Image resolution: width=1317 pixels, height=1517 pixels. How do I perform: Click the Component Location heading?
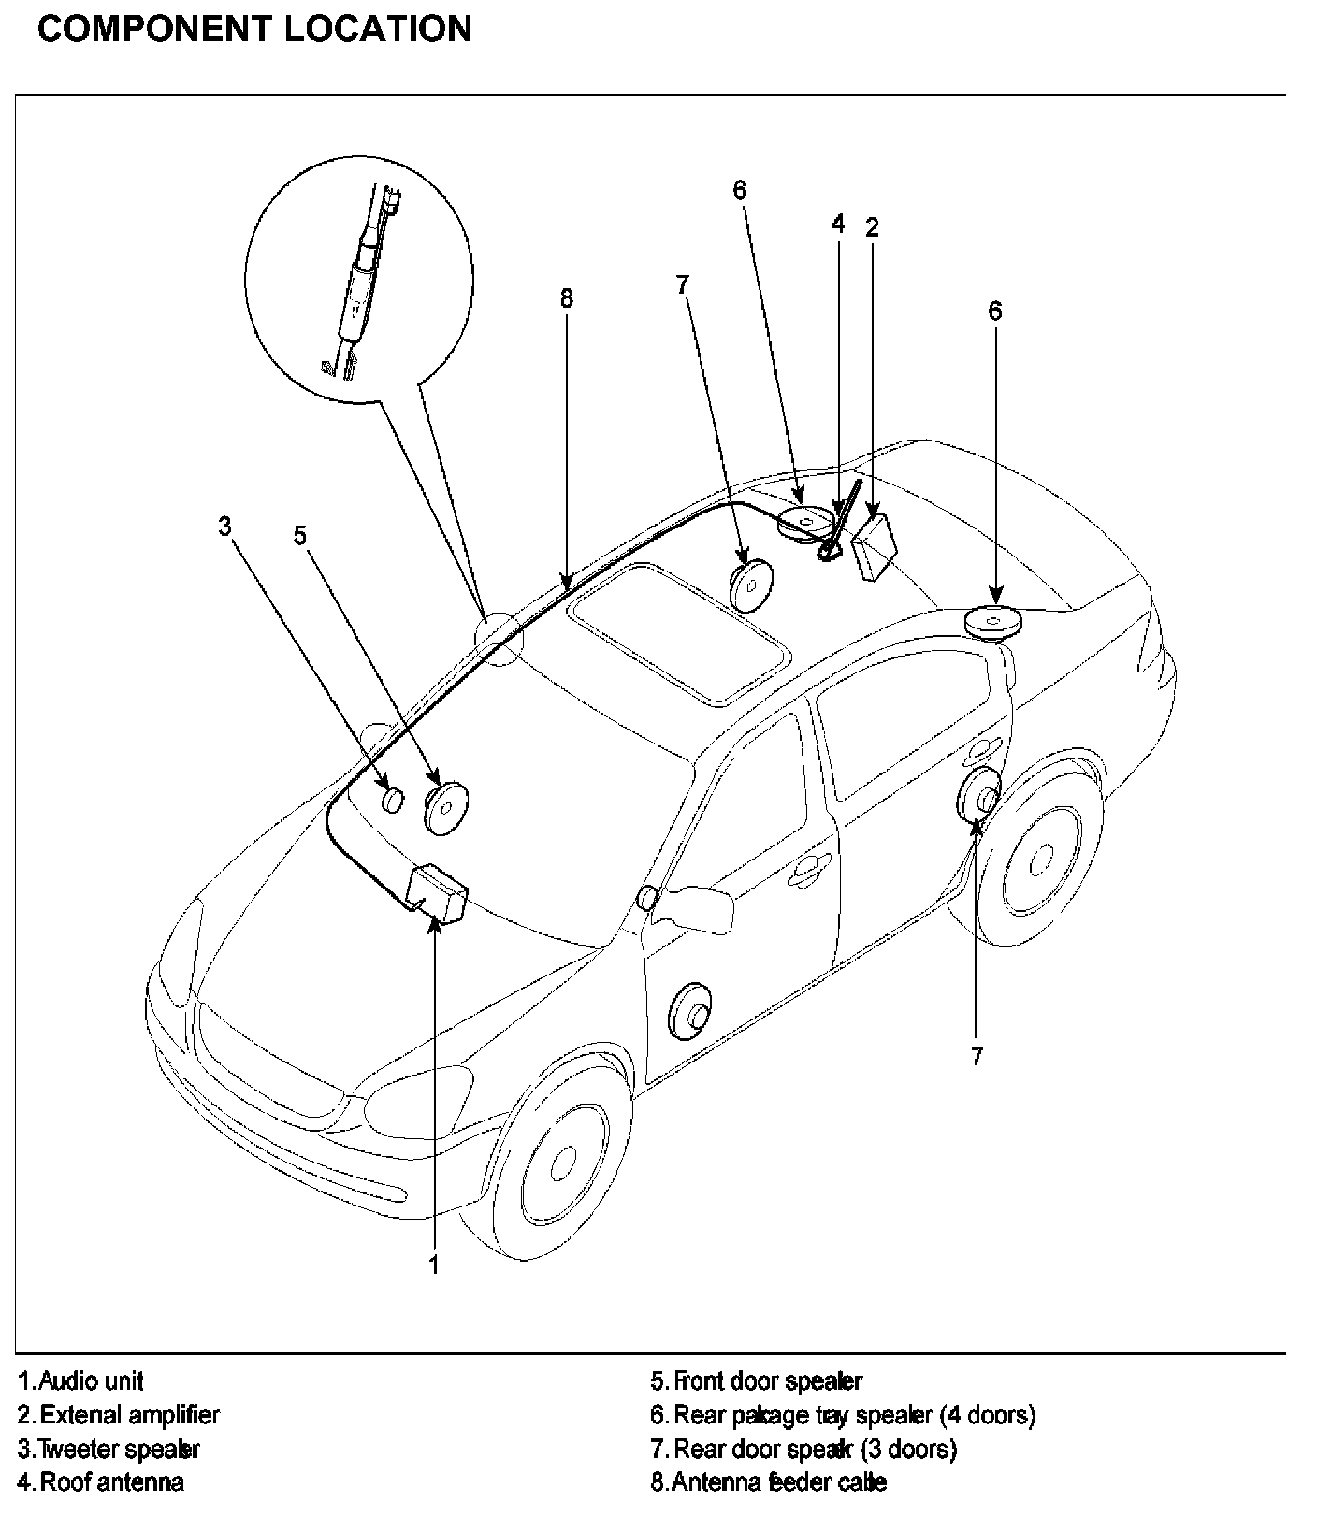click(x=254, y=30)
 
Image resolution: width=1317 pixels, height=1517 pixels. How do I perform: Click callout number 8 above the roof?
click(x=566, y=298)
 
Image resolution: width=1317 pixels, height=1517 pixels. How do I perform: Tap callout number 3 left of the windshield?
click(x=224, y=527)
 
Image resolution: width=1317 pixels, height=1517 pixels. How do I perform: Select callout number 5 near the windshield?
click(x=299, y=536)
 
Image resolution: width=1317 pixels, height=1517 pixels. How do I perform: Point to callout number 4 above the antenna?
click(x=838, y=224)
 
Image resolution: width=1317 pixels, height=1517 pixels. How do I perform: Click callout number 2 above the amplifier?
click(x=872, y=226)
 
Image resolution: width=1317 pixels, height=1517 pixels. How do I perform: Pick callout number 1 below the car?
click(x=434, y=1265)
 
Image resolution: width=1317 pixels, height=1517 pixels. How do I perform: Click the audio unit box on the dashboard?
click(x=439, y=894)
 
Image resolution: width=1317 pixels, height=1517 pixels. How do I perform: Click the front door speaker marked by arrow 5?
click(x=446, y=805)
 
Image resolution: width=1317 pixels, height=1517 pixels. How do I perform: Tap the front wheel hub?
click(x=562, y=1163)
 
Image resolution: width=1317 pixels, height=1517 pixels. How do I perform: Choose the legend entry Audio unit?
click(x=81, y=1380)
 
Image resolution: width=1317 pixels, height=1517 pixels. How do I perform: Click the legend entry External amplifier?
click(x=119, y=1415)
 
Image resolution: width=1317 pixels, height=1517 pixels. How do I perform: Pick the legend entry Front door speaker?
click(x=757, y=1380)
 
